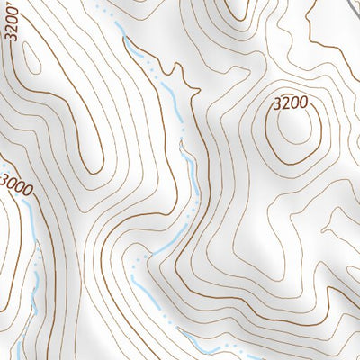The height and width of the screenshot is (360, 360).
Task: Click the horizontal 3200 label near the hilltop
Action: [x=295, y=104]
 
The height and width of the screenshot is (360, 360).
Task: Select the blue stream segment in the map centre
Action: [x=191, y=175]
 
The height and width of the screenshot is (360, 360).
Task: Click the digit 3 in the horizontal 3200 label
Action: [x=278, y=104]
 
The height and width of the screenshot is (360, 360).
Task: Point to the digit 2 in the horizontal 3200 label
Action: [x=289, y=104]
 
